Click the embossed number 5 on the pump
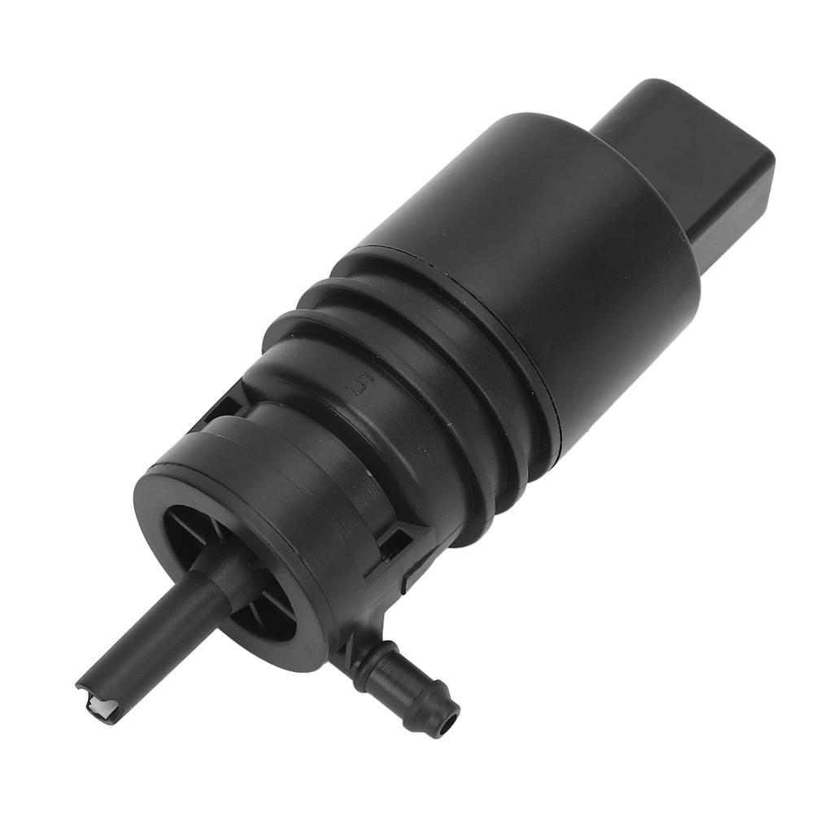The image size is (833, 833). (355, 386)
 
